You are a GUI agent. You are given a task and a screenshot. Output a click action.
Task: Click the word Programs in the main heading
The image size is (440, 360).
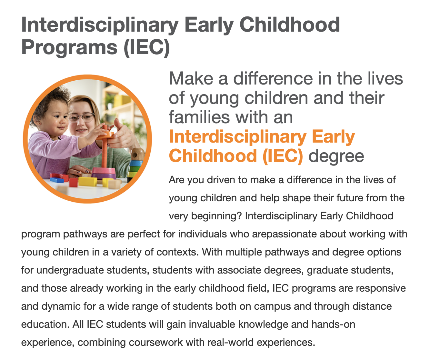69,48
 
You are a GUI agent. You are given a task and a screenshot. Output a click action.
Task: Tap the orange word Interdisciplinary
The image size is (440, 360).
238,137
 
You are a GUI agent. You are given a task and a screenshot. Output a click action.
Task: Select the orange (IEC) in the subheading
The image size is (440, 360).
283,155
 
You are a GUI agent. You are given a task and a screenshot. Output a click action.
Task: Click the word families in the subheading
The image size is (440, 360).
199,117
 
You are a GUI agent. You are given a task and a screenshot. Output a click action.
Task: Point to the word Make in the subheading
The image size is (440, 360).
191,79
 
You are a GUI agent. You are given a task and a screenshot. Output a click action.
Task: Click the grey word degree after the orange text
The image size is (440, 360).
336,156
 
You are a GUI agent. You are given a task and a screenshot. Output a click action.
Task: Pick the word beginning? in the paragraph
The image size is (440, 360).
216,216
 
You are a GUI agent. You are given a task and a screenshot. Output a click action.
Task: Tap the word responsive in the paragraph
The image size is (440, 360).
381,288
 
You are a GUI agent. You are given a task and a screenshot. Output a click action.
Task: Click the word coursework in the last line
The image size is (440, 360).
155,343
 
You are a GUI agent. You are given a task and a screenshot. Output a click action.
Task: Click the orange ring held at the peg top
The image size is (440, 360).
105,135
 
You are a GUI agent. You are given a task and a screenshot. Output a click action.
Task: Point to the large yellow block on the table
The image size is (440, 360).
88,181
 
